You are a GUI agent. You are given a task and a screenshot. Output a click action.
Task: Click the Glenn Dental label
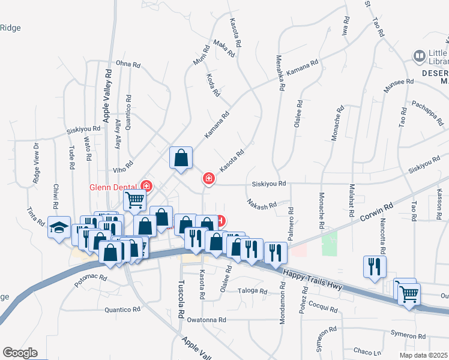pos(112,187)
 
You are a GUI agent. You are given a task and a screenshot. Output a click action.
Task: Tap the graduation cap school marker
pos(58,228)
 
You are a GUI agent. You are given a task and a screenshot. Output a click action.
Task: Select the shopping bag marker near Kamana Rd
pos(181,159)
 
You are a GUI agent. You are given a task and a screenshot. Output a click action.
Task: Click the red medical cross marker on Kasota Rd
pos(208,179)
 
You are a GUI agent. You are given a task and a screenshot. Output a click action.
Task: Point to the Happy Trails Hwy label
pos(312,281)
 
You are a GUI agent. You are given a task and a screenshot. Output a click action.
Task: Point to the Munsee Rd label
pos(399,82)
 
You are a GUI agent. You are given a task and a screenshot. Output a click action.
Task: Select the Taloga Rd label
pos(252,291)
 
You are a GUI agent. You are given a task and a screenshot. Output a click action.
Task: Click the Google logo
pos(20,353)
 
